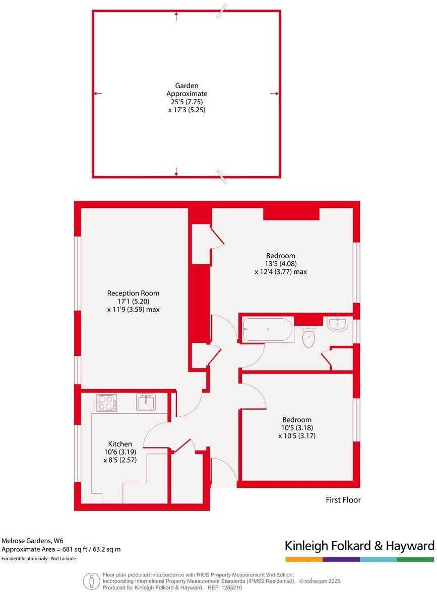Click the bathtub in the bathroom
267,330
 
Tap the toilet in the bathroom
309,336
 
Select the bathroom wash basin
337,324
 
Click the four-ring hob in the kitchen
107,403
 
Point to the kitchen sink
146,402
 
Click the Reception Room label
133,293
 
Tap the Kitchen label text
120,444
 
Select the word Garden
186,86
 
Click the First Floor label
343,500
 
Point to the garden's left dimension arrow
98,94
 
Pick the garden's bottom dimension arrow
176,173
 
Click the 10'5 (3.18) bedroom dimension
297,428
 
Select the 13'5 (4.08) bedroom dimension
281,263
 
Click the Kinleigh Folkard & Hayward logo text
359,546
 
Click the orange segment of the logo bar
304,559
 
